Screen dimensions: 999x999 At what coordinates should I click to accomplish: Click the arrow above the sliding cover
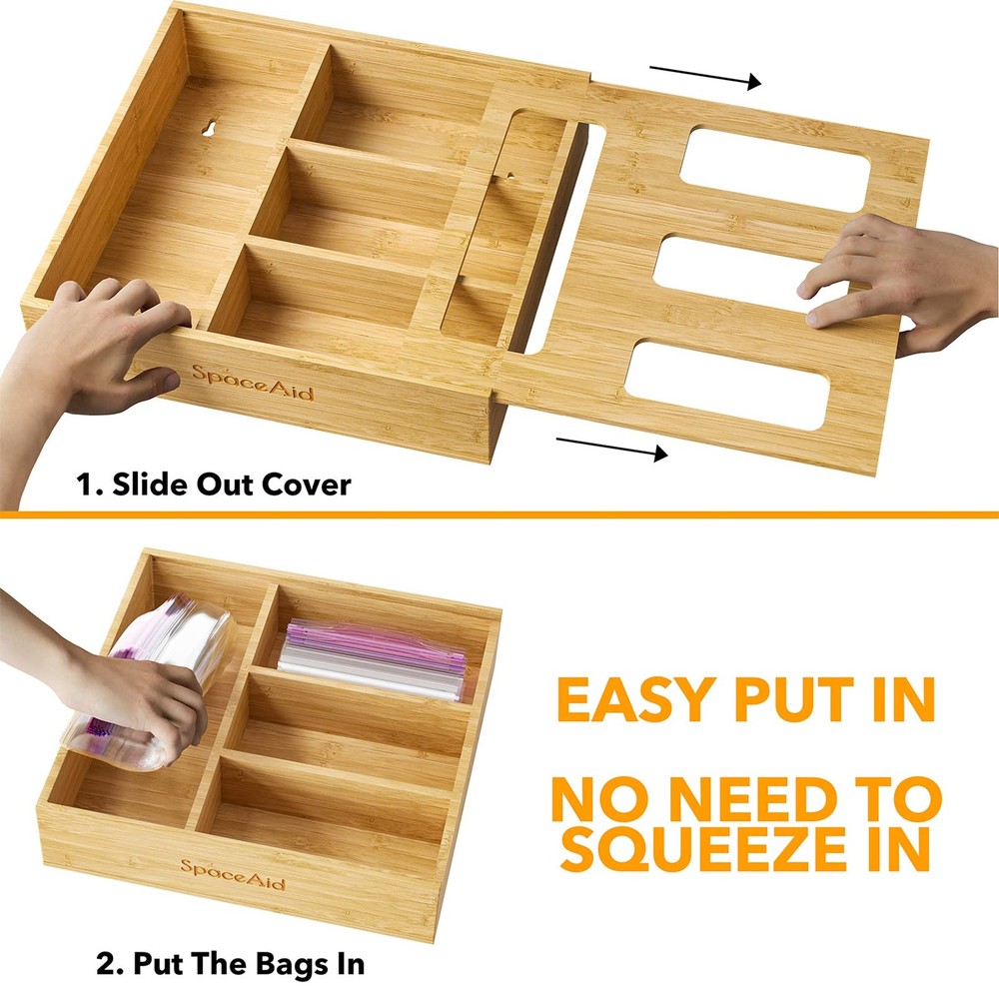point(704,76)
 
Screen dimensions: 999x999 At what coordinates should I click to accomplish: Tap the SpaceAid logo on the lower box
point(232,874)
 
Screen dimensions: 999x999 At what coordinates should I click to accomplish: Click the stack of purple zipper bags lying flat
point(375,659)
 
